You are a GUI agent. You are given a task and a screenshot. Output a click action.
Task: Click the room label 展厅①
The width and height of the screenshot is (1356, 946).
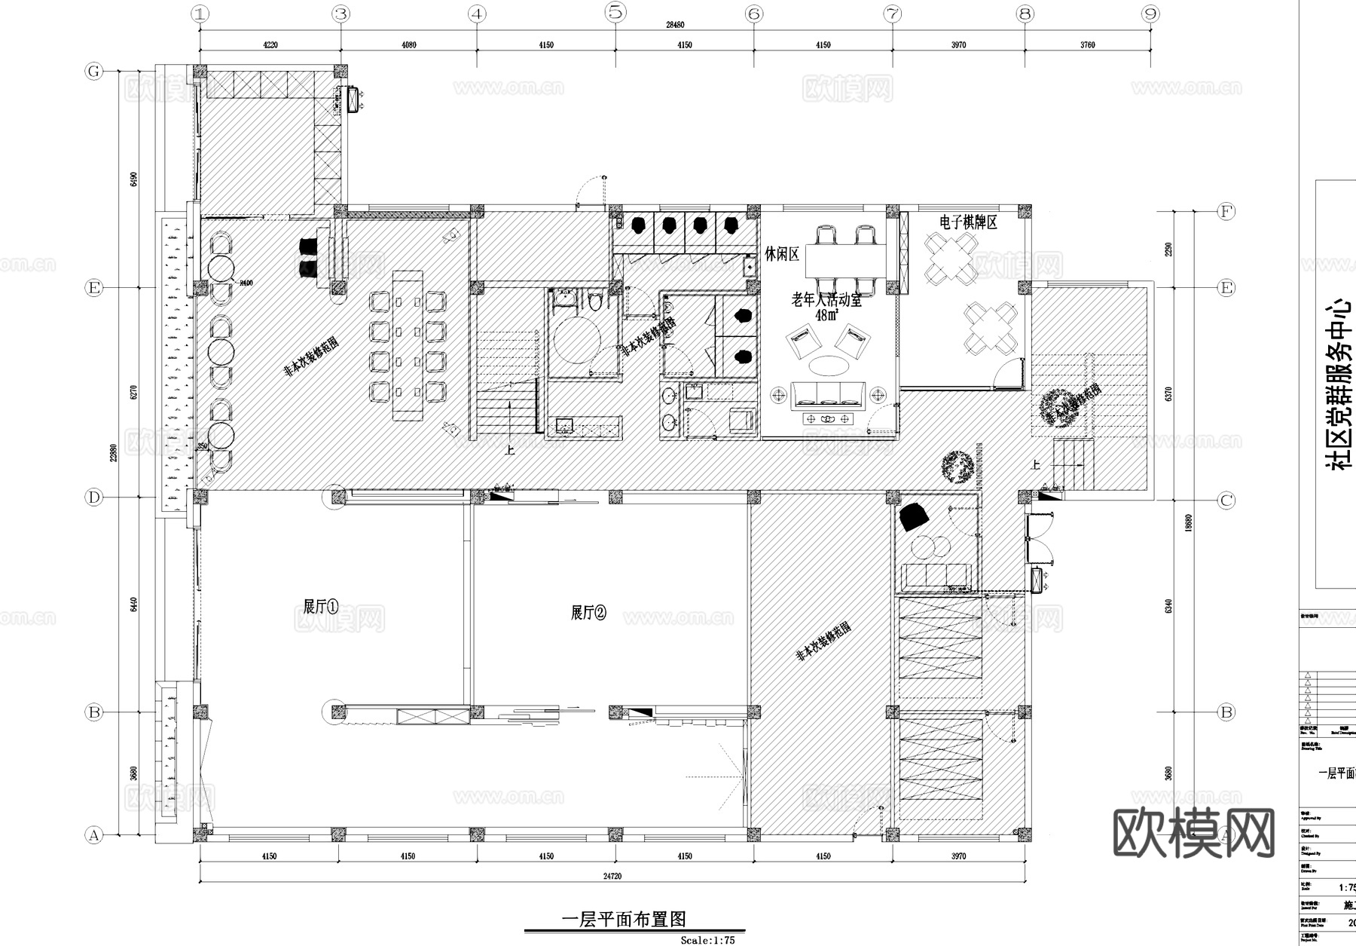320,607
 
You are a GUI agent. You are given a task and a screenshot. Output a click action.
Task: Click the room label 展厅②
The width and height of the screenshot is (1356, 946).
588,613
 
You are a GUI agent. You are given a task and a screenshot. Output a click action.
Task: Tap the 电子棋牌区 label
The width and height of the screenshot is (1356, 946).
968,222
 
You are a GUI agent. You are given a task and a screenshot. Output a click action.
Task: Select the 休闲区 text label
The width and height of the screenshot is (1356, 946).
782,255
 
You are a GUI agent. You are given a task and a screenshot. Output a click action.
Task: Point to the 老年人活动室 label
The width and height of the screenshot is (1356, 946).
826,300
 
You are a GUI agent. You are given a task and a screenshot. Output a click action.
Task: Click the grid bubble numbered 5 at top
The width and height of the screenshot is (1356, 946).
615,12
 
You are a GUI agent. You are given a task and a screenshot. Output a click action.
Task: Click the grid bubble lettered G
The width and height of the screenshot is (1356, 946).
93,72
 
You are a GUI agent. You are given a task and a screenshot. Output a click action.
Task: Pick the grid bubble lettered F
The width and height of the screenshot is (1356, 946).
1226,212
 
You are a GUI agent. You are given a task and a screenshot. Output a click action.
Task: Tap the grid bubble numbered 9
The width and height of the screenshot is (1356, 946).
1150,13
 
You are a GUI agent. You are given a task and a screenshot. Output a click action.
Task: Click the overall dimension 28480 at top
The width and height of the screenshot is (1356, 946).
675,25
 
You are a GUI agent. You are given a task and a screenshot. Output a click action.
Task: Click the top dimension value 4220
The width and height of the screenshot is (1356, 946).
270,45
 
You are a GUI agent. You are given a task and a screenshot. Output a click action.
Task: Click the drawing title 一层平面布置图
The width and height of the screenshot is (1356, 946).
625,920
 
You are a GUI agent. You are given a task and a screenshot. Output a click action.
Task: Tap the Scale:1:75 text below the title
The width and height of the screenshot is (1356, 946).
707,940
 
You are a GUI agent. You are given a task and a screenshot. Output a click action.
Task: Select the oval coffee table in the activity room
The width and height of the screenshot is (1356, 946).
829,366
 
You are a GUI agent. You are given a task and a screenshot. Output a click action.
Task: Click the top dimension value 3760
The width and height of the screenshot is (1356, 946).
1087,45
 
